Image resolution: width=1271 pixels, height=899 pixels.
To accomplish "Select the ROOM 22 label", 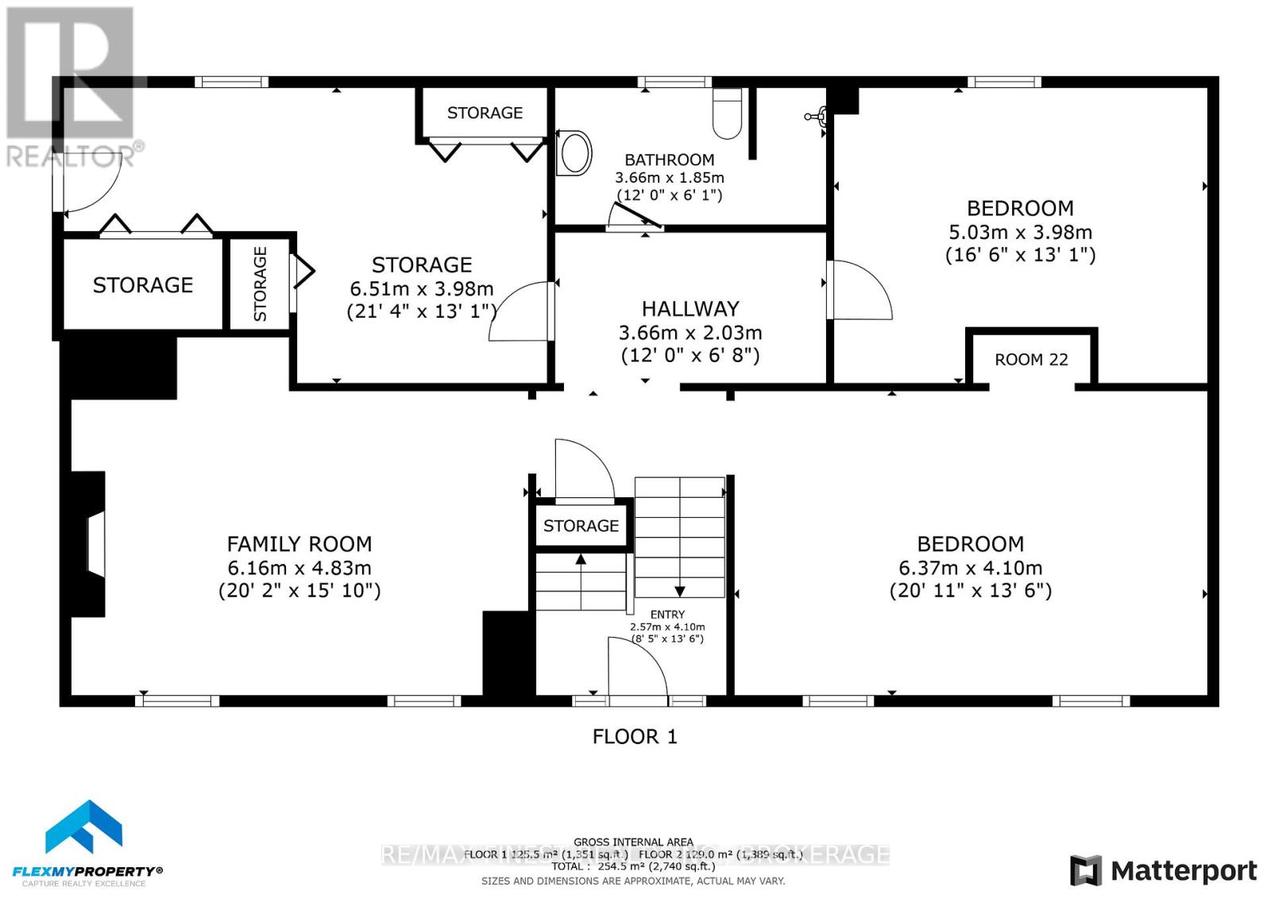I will tap(1031, 360).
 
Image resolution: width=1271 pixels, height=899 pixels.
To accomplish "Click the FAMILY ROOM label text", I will tap(299, 544).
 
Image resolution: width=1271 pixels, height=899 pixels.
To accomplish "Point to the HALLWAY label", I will tap(690, 308).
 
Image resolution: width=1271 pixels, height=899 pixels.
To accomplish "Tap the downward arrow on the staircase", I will tap(680, 591).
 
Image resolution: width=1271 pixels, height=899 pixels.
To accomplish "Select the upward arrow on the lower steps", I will tap(581, 560).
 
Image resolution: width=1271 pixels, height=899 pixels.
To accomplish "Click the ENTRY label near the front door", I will tap(667, 614).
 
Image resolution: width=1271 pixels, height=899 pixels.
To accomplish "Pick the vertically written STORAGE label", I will tap(260, 284).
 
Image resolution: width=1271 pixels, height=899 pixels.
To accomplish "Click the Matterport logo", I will tap(1163, 870).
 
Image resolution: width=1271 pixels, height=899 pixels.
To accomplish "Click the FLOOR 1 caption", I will tap(635, 736).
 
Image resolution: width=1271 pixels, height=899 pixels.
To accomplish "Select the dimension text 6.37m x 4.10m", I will tap(970, 568).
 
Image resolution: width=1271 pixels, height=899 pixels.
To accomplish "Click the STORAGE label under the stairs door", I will tap(581, 526).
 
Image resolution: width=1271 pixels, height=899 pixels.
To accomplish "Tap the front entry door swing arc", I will tap(637, 667).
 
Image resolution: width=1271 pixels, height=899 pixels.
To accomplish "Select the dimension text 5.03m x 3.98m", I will tap(1020, 232).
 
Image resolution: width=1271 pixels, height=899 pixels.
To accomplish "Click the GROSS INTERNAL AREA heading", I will tap(633, 842).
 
